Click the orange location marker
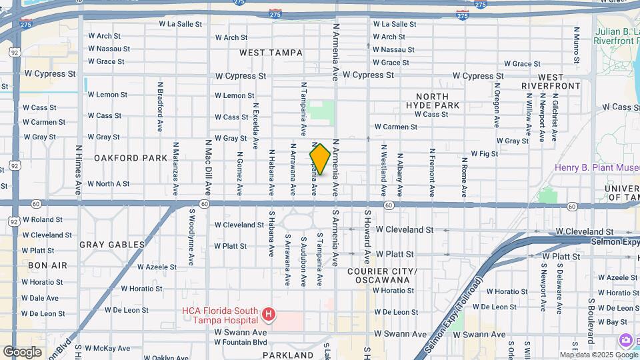(x=320, y=159)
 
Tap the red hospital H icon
(x=268, y=313)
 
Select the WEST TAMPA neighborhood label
(x=271, y=53)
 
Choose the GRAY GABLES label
(x=112, y=245)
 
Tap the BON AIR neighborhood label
(x=47, y=265)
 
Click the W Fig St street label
(x=484, y=153)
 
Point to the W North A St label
(x=109, y=183)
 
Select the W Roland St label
(x=43, y=219)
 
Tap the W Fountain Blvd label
(x=241, y=342)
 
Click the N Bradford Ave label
(x=160, y=107)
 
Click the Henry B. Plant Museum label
(x=597, y=167)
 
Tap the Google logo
(x=22, y=351)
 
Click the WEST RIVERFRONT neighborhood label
(x=551, y=82)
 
